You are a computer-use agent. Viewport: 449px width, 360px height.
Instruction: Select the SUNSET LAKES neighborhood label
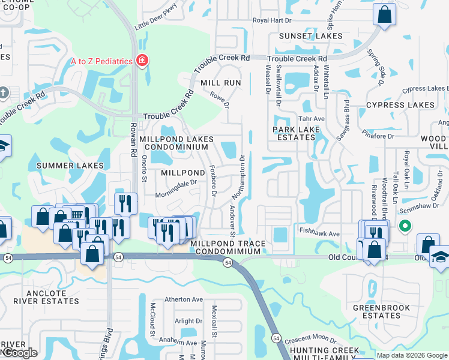[x=311, y=36]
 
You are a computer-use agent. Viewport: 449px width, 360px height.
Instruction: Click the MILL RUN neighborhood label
[x=220, y=82]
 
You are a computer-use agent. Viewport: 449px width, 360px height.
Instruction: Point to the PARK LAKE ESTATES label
[x=294, y=133]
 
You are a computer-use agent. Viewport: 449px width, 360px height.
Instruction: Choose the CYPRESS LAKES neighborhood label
[x=400, y=105]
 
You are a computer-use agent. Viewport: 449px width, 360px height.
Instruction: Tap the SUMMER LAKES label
[x=70, y=166]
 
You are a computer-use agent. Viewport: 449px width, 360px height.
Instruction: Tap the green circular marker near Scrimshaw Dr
[x=405, y=226]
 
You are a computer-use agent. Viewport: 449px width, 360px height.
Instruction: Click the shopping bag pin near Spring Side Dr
[x=384, y=14]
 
